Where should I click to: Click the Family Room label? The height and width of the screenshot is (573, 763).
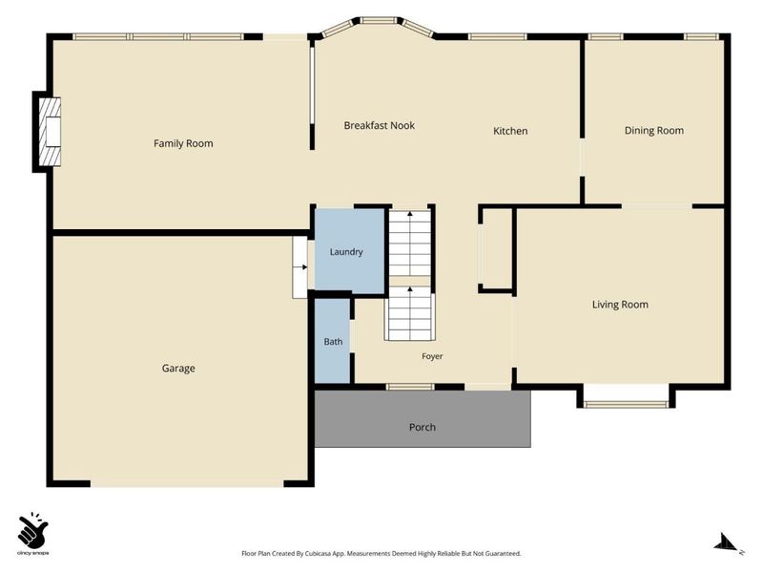click(183, 143)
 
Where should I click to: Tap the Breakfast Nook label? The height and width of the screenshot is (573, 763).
click(379, 125)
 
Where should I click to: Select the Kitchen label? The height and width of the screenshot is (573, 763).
click(510, 131)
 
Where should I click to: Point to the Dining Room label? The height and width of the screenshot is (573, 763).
click(653, 130)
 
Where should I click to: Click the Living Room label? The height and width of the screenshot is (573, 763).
click(620, 305)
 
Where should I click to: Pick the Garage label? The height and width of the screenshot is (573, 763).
click(178, 369)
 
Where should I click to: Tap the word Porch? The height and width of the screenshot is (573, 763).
click(422, 427)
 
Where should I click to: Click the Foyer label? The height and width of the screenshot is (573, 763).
click(432, 356)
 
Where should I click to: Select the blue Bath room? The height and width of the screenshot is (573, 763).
click(333, 341)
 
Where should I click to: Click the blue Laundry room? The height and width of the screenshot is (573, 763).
click(350, 251)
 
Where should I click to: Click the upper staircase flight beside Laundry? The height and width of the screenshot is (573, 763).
click(410, 243)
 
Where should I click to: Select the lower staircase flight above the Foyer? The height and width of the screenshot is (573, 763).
click(410, 313)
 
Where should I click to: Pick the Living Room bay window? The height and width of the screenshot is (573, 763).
click(626, 403)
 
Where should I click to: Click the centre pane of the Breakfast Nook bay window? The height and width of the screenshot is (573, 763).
click(379, 20)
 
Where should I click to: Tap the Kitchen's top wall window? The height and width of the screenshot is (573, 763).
click(497, 36)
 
